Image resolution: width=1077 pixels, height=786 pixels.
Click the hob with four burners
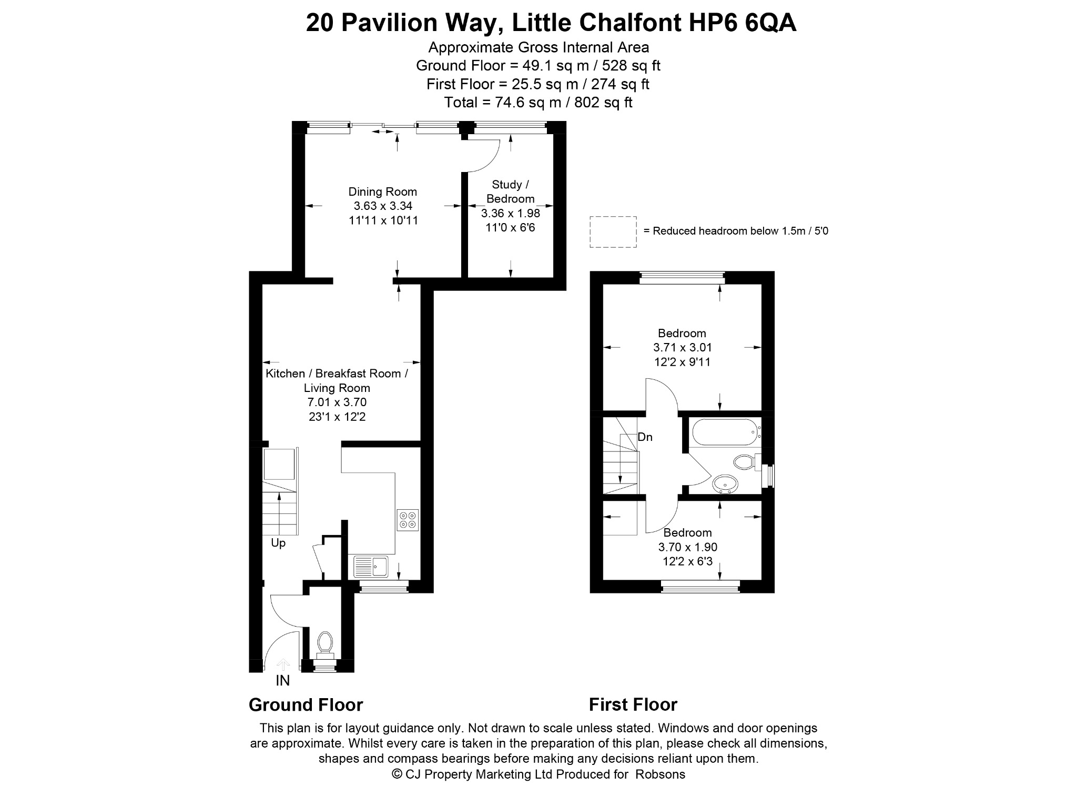408,520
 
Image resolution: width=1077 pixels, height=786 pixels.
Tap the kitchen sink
371,567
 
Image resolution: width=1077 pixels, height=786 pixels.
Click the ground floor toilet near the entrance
324,646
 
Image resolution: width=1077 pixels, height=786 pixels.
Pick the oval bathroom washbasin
725,483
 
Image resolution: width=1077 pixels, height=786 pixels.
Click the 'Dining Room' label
383,192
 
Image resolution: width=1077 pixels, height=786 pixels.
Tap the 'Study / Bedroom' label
510,192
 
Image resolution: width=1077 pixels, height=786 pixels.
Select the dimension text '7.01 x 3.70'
337,402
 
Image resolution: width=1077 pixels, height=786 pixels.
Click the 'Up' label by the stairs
278,543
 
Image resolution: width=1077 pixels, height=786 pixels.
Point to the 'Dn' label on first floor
645,437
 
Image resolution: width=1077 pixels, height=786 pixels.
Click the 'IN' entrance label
283,681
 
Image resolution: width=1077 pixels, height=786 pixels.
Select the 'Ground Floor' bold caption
306,704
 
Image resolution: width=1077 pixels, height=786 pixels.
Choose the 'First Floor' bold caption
633,704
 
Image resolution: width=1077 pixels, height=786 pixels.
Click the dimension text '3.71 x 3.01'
682,347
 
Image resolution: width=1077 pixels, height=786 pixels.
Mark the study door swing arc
491,160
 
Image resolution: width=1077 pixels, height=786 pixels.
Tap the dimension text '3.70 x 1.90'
687,547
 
